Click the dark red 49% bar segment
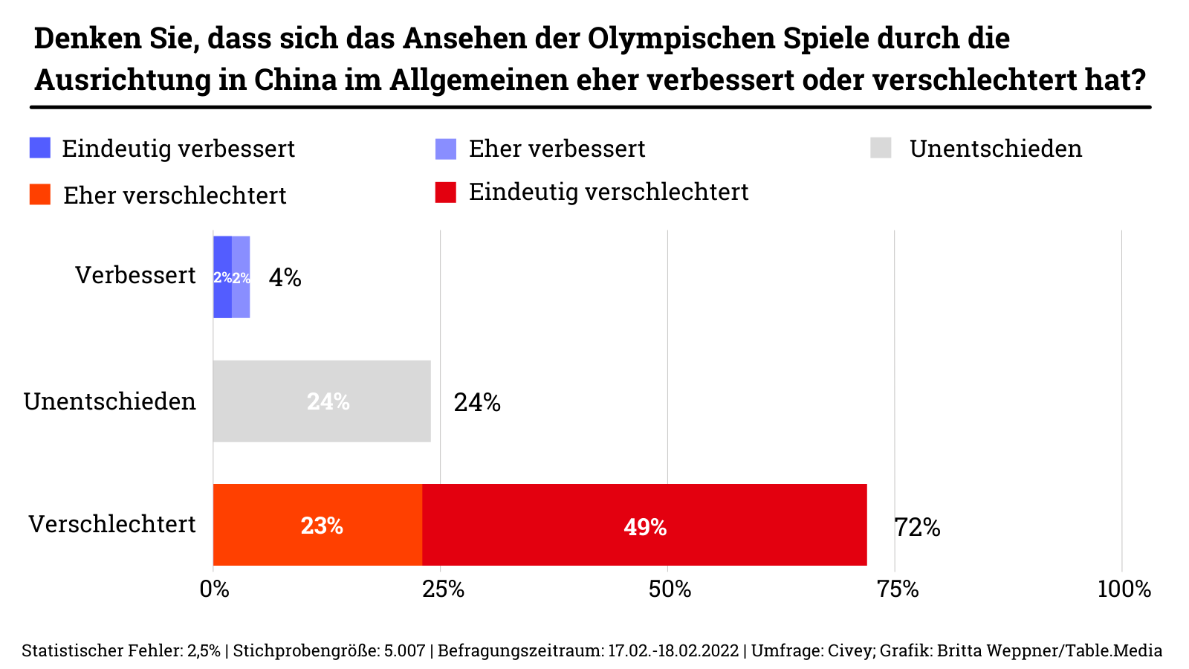[x=644, y=525]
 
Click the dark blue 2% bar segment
[x=222, y=277]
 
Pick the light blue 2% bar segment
[x=241, y=277]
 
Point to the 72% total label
[x=917, y=528]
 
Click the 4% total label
[x=285, y=278]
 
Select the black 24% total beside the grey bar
[x=477, y=403]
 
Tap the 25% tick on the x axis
[x=443, y=589]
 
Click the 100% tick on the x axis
[x=1124, y=589]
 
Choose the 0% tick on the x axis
[x=215, y=589]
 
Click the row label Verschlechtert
[x=112, y=524]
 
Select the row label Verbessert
[x=135, y=275]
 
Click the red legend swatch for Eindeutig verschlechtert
[x=445, y=192]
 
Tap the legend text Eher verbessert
[x=557, y=149]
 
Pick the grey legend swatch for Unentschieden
[x=881, y=148]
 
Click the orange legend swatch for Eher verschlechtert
[x=40, y=195]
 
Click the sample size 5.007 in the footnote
[x=404, y=651]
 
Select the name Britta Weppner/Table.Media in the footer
[x=1049, y=651]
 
